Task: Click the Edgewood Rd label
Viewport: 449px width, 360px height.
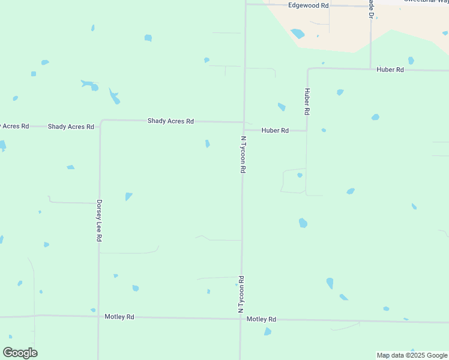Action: pyautogui.click(x=309, y=5)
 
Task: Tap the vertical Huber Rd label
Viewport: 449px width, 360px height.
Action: pyautogui.click(x=307, y=101)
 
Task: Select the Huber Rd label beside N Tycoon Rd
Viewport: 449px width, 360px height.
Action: pyautogui.click(x=275, y=130)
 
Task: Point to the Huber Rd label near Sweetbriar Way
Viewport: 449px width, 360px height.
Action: pyautogui.click(x=390, y=70)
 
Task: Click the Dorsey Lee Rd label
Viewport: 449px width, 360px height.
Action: pyautogui.click(x=99, y=221)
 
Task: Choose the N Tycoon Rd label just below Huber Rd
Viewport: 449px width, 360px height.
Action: pyautogui.click(x=243, y=155)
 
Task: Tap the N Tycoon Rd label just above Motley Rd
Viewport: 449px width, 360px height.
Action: pyautogui.click(x=241, y=294)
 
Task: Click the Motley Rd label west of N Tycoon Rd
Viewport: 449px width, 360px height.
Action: pyautogui.click(x=119, y=316)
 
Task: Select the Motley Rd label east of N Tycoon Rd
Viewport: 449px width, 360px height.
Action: pyautogui.click(x=261, y=319)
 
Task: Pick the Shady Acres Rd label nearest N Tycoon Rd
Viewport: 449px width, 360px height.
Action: pyautogui.click(x=170, y=121)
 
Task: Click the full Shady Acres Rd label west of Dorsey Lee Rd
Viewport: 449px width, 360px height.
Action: pyautogui.click(x=71, y=127)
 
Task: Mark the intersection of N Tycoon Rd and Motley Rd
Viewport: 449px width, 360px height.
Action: pyautogui.click(x=241, y=319)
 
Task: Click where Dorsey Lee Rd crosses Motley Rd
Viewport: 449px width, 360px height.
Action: pyautogui.click(x=98, y=316)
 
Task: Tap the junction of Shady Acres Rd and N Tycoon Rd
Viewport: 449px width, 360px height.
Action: pyautogui.click(x=244, y=122)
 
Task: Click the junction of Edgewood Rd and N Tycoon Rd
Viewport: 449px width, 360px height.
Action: pyautogui.click(x=246, y=4)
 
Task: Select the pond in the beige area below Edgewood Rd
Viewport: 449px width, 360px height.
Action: pyautogui.click(x=297, y=34)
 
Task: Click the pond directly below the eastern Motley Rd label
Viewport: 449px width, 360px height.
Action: pyautogui.click(x=268, y=331)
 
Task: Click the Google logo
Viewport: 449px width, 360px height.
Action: pyautogui.click(x=20, y=353)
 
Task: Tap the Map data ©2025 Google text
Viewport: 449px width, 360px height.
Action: pyautogui.click(x=412, y=355)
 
